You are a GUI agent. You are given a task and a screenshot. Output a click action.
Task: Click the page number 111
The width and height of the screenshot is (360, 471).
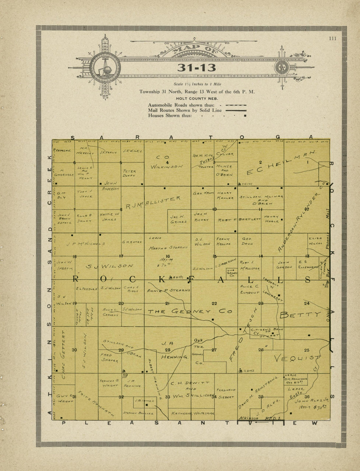pyautogui.click(x=333, y=38)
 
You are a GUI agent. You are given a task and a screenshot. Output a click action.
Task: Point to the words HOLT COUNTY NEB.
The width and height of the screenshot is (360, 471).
pyautogui.click(x=197, y=99)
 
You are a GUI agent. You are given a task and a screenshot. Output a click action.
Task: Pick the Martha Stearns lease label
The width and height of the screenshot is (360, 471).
pyautogui.click(x=168, y=248)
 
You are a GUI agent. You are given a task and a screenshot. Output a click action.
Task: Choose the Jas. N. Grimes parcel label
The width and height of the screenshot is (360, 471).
pyautogui.click(x=178, y=219)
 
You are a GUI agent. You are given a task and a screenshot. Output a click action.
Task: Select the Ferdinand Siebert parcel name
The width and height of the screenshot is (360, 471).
pyautogui.click(x=225, y=393)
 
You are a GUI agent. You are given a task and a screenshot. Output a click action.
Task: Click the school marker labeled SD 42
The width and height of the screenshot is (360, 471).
pyautogui.click(x=247, y=370)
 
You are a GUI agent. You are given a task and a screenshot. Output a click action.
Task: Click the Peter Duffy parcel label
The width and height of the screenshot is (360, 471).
pyautogui.click(x=130, y=173)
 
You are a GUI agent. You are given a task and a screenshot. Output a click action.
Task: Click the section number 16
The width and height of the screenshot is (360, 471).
pyautogui.click(x=168, y=256)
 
